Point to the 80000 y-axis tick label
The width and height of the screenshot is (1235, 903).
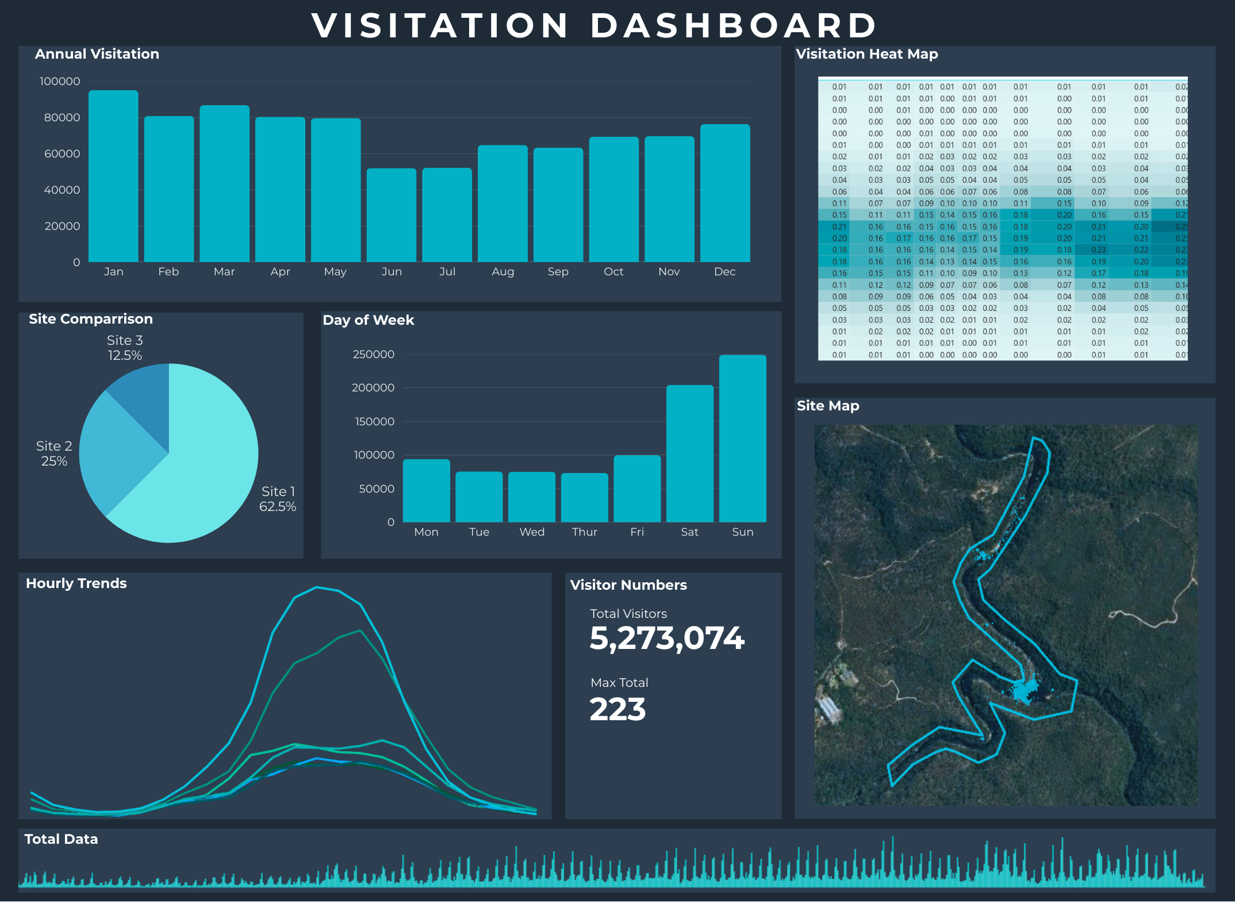pyautogui.click(x=62, y=117)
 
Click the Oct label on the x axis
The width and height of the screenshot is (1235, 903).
pyautogui.click(x=613, y=271)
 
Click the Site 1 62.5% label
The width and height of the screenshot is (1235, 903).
pyautogui.click(x=278, y=499)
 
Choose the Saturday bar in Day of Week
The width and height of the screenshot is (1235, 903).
pyautogui.click(x=689, y=454)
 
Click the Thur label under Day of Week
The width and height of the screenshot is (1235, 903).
pyautogui.click(x=584, y=532)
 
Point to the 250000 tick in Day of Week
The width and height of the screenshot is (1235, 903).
pyautogui.click(x=373, y=354)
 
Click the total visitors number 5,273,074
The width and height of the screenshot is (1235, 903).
pyautogui.click(x=666, y=639)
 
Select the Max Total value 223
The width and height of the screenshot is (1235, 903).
pyautogui.click(x=617, y=709)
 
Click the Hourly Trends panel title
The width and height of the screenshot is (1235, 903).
pyautogui.click(x=76, y=583)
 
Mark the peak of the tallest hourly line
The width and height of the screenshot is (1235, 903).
pyautogui.click(x=317, y=587)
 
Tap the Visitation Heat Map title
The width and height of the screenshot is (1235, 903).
pyautogui.click(x=866, y=54)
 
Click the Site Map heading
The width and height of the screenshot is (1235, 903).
pyautogui.click(x=827, y=406)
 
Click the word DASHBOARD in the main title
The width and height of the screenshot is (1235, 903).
pyautogui.click(x=733, y=25)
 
